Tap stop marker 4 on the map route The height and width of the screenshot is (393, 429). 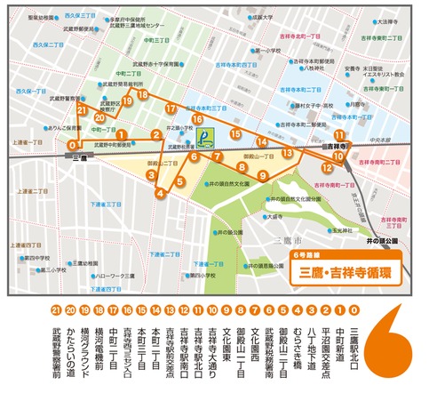coord(159,191)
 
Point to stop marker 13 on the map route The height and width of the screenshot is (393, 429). coord(287,153)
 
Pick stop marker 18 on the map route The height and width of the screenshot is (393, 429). coord(143,94)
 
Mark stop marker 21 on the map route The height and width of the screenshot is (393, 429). coord(82,109)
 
